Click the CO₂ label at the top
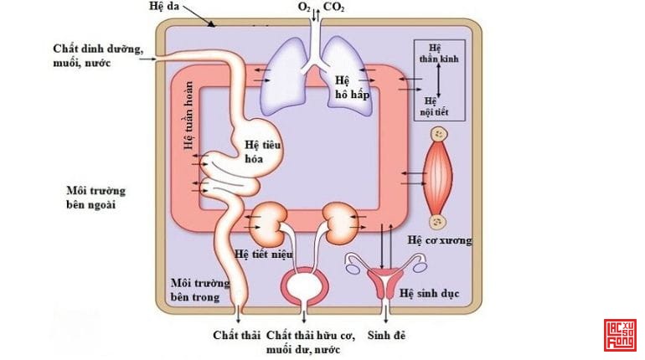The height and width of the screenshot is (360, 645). coord(333,8)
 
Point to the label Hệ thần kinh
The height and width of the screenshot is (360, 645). coord(435,54)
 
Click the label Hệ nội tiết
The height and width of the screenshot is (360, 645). coord(435,104)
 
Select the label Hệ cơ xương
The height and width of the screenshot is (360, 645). coord(440,240)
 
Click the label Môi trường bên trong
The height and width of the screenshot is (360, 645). coord(194,290)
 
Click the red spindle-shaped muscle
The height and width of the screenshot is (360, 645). coord(439,177)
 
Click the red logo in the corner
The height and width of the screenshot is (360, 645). coord(620,335)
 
